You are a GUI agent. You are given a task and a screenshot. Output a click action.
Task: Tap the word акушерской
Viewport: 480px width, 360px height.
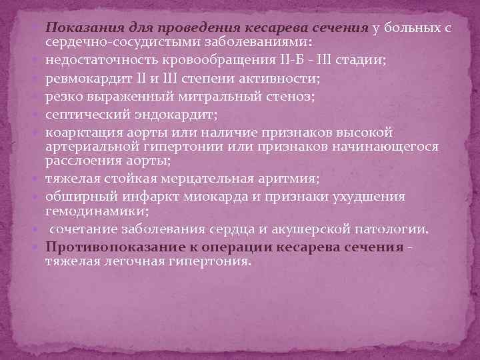(313, 229)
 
